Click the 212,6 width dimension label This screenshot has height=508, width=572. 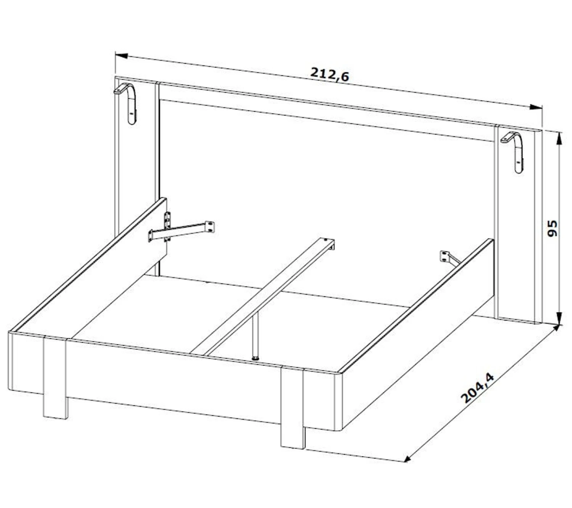click(x=329, y=74)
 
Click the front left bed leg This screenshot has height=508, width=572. click(x=55, y=377)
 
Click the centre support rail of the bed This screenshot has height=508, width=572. click(x=262, y=296)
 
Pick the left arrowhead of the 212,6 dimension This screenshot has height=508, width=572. click(x=121, y=55)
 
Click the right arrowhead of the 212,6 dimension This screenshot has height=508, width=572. click(x=536, y=107)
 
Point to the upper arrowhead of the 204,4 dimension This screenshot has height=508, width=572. click(x=556, y=328)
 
